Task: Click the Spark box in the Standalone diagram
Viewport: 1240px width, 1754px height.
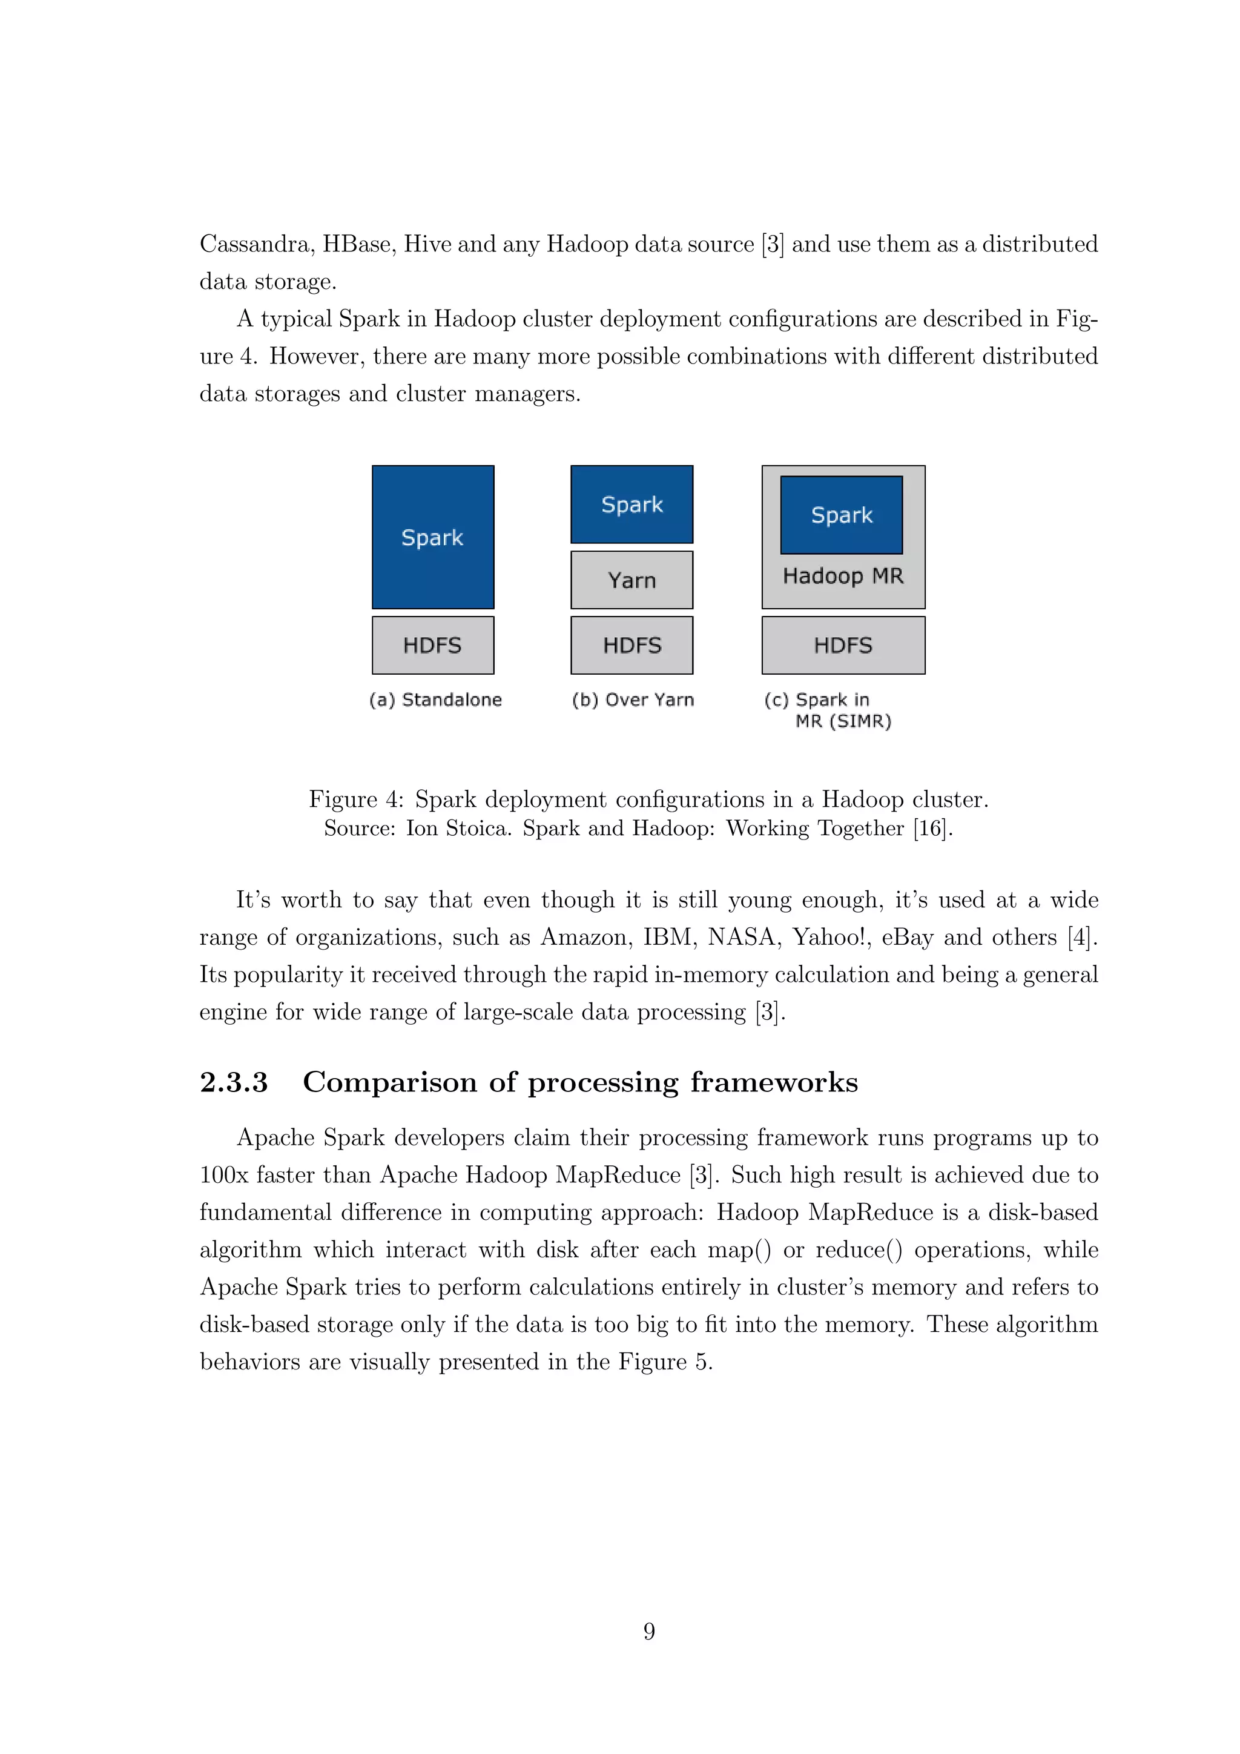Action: pos(433,537)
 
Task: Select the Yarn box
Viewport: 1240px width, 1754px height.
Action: pos(632,580)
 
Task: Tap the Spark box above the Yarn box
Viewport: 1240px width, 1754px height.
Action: pos(632,504)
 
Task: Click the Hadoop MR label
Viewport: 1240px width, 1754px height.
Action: pos(843,576)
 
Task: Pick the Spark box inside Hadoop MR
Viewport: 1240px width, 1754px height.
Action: pos(842,515)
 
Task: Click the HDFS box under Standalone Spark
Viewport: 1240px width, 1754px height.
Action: pos(433,646)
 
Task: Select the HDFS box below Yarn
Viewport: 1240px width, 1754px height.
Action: pos(632,646)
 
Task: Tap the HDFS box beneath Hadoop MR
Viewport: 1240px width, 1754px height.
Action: pos(843,646)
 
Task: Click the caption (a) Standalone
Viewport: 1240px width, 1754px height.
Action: pos(435,700)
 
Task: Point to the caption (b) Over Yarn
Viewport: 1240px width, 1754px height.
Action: pos(633,700)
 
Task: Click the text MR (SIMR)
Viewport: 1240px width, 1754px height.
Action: pos(843,721)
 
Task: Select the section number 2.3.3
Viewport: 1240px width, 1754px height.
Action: pos(234,1082)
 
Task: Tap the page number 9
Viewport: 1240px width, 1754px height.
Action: pos(649,1631)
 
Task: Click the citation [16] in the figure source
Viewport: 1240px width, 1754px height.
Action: pos(931,828)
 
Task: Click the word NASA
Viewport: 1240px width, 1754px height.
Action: pos(740,938)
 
